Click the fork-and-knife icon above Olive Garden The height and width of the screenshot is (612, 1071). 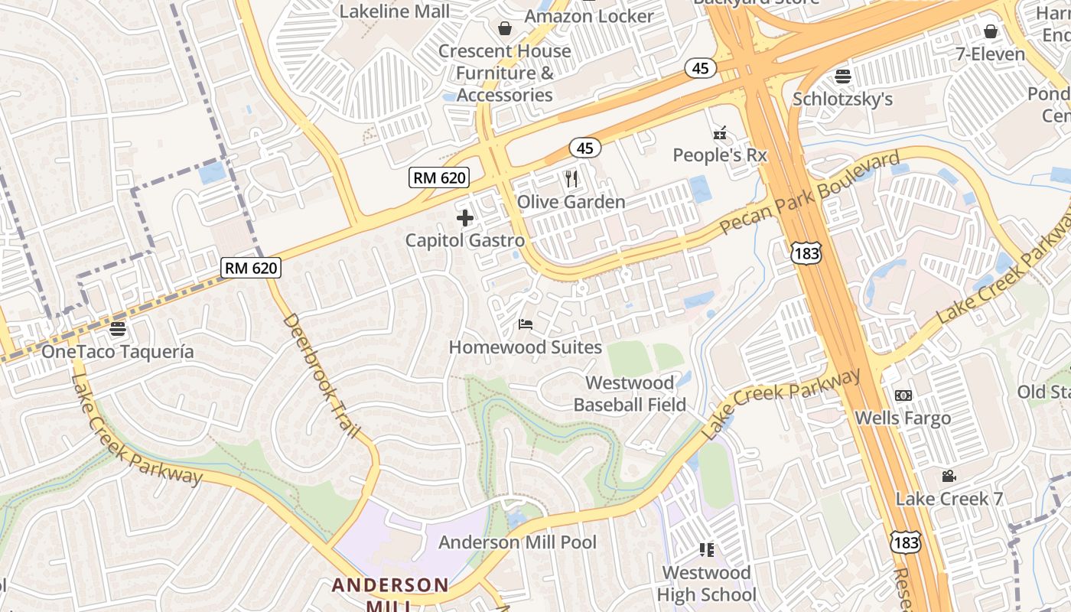point(571,179)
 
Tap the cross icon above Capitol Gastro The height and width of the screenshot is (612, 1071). point(464,218)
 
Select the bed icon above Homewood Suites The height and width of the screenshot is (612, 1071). point(525,324)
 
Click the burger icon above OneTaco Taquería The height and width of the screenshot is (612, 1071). point(117,329)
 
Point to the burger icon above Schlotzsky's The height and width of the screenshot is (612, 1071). point(843,76)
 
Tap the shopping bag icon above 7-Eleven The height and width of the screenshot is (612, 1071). point(991,31)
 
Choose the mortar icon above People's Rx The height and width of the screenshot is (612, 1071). point(719,133)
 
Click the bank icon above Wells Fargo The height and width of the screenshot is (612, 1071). point(903,396)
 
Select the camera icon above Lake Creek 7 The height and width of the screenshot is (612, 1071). point(949,476)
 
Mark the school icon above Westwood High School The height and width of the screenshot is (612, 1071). point(706,549)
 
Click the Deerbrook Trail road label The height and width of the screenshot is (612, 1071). point(321,375)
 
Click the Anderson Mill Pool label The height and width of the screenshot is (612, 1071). point(517,542)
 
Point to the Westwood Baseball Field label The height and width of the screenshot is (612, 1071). point(630,393)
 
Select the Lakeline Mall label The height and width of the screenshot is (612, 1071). point(395,11)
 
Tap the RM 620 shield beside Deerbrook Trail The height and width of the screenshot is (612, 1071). point(251,268)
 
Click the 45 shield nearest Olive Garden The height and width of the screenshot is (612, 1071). point(584,148)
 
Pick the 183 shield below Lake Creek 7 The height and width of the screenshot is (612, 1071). point(905,542)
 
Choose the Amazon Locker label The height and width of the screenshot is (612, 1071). point(589,15)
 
